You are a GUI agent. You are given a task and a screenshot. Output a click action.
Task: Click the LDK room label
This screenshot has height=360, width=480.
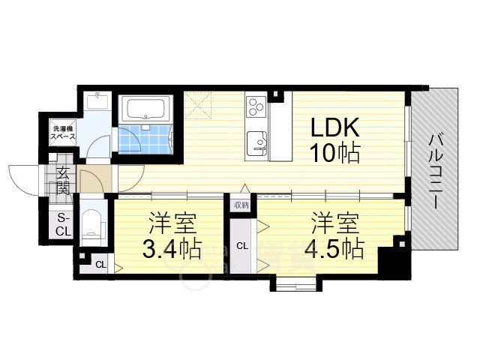(335, 127)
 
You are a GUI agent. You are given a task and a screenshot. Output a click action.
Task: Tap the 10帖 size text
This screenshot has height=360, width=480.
(335, 153)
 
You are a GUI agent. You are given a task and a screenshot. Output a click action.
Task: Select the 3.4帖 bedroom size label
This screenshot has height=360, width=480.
(172, 248)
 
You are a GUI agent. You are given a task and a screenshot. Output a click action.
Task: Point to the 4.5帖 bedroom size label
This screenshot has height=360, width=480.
(334, 248)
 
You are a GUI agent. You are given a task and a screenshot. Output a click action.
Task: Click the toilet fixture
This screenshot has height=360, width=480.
(91, 224)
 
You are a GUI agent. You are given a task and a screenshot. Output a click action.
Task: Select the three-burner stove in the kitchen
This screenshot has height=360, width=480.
(256, 106)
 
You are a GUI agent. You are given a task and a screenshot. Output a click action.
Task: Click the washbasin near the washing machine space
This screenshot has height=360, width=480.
(97, 101)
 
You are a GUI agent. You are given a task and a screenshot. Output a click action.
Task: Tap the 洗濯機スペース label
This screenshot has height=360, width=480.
(63, 133)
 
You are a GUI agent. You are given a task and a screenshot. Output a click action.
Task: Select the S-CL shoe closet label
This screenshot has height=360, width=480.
(63, 225)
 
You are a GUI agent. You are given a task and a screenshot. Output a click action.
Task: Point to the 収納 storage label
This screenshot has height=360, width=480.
(241, 205)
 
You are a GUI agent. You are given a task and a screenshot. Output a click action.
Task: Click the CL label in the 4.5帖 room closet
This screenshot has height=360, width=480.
(242, 246)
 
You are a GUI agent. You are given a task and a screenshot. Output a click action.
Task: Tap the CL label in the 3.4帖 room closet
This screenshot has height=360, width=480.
(100, 265)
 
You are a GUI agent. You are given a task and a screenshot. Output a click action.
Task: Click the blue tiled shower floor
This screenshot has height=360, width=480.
(144, 139)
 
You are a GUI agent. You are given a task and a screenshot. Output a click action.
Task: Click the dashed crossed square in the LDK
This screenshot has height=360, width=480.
(198, 105)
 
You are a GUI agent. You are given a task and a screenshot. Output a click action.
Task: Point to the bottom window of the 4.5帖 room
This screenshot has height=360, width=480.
(295, 283)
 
